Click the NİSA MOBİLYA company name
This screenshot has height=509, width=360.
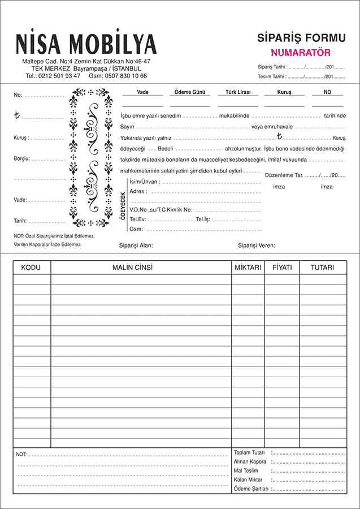[x=86, y=44]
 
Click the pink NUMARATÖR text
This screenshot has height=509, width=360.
[x=300, y=53]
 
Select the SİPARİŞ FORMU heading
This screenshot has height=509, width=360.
[x=301, y=38]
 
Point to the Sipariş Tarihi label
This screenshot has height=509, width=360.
[x=272, y=66]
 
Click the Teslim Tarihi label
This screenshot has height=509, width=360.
[x=271, y=76]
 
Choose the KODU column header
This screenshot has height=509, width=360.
[x=32, y=267]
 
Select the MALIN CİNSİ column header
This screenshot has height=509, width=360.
[x=141, y=267]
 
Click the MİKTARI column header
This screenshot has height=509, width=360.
[x=248, y=267]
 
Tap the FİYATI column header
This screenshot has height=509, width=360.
[x=282, y=267]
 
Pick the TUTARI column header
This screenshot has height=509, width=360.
[x=322, y=267]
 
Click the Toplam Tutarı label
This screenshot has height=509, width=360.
[x=249, y=452]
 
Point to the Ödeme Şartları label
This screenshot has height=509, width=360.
[x=250, y=489]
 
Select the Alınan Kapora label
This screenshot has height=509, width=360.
[x=250, y=461]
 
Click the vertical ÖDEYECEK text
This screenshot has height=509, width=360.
[x=123, y=205]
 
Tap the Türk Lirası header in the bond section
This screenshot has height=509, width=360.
[x=238, y=92]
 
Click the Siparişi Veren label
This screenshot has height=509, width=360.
[x=257, y=245]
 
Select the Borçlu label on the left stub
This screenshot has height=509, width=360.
[x=22, y=159]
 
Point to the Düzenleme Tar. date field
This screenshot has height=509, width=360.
[x=305, y=175]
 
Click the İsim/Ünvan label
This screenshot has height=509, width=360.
[x=145, y=182]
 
